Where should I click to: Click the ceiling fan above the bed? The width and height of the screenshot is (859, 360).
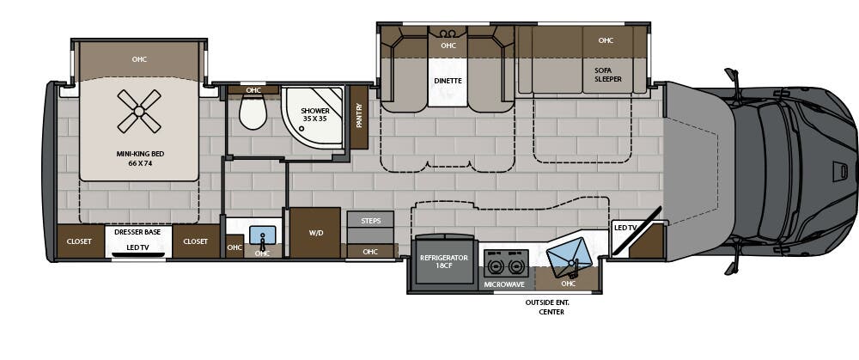point(139,111)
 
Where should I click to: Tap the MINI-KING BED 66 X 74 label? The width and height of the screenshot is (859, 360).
point(139,158)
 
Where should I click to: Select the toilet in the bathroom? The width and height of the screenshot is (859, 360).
point(253,112)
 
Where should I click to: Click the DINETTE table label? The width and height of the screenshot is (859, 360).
point(448,81)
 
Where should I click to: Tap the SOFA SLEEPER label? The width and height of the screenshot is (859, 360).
point(607,75)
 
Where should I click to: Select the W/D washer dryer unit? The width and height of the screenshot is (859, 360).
point(314,232)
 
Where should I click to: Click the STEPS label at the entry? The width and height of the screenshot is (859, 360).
point(370,221)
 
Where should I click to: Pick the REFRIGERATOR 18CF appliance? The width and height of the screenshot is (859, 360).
point(443,262)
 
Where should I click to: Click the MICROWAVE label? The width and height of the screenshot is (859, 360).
point(505,284)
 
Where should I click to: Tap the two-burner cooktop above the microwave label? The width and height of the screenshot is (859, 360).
point(505,261)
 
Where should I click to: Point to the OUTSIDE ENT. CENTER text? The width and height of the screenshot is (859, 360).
point(547,307)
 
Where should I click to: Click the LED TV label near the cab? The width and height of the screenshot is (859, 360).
point(624,227)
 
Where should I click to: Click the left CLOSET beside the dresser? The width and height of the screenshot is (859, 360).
point(79,241)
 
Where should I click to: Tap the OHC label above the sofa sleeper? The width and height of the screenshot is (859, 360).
point(606,40)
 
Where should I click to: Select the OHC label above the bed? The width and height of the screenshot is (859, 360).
point(139,60)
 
